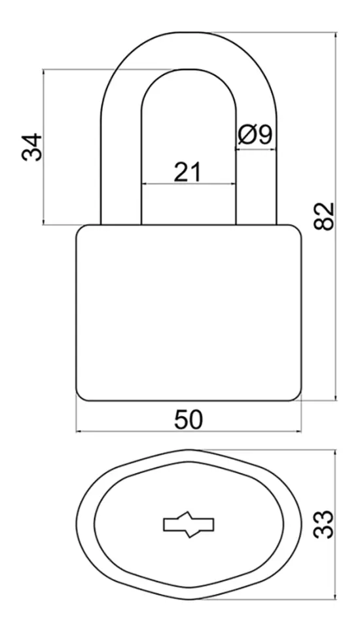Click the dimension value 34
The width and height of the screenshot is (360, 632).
coord(32,147)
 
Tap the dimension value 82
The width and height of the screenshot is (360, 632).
coord(324,216)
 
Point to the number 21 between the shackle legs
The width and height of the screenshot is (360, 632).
coord(187,172)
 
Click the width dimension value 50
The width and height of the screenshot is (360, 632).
coord(189,420)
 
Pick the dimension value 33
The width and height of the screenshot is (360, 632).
coord(324,525)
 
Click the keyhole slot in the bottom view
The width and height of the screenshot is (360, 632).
coord(189,525)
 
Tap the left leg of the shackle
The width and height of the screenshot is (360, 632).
coord(121,169)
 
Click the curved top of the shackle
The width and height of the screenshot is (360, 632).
coord(189,50)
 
